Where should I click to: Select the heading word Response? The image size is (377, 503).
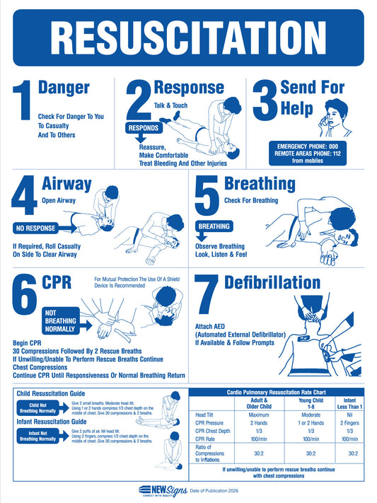[x=188, y=88]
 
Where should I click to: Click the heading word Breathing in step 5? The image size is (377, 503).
[x=260, y=184]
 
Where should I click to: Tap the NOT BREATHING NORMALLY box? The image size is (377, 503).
[x=62, y=320]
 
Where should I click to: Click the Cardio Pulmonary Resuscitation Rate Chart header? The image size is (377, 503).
[x=282, y=391]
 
